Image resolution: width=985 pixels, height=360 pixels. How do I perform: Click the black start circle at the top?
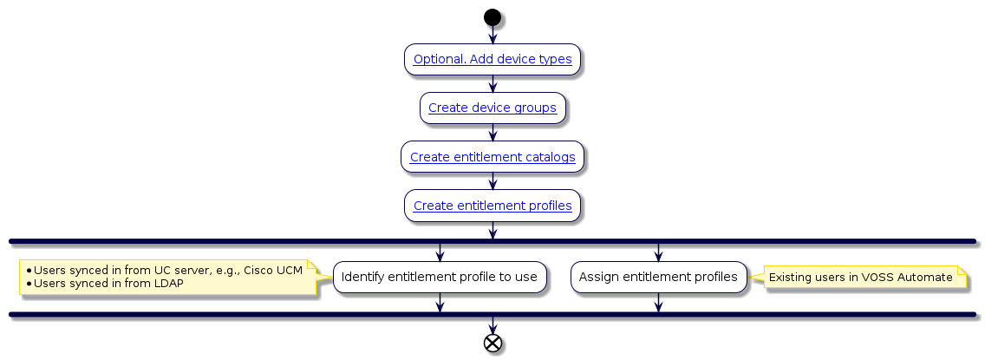point(492,16)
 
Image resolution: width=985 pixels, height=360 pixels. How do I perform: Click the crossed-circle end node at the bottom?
point(492,343)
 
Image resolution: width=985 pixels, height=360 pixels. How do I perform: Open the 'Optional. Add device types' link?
point(492,60)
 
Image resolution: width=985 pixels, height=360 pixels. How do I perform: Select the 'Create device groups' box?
point(492,108)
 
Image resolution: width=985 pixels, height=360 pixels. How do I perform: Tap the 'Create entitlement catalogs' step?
point(492,157)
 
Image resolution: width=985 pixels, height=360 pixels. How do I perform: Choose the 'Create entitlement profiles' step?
point(492,206)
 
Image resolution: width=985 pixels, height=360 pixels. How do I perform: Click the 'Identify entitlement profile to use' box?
point(440,277)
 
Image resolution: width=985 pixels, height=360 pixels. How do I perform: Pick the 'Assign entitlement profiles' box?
point(658,277)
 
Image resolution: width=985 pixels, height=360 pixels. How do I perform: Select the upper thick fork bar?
point(492,240)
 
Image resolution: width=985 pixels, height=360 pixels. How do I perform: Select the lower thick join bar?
point(492,314)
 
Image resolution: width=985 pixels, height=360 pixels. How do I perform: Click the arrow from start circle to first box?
point(492,35)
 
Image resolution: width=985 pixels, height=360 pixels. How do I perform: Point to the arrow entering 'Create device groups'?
point(492,85)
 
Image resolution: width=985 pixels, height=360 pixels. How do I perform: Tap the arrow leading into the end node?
point(492,325)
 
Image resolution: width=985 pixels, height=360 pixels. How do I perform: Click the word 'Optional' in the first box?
point(436,60)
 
